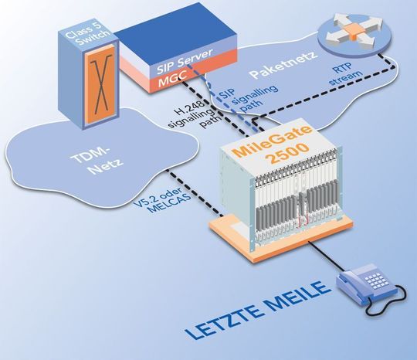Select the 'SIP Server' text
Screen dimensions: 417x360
(185, 61)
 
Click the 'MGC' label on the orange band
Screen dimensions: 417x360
(174, 79)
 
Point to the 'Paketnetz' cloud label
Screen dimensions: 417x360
(284, 65)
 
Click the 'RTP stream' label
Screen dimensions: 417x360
(345, 74)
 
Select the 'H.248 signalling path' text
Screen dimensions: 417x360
(195, 114)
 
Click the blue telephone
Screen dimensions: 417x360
(370, 289)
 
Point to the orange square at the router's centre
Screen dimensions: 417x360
(354, 31)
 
